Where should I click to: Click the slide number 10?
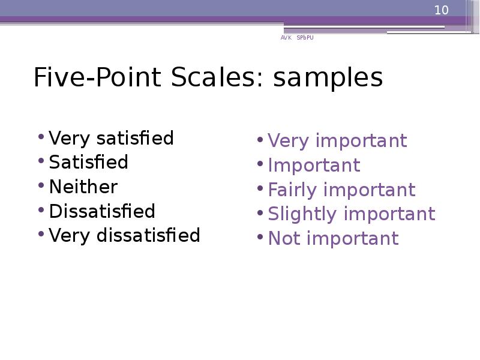442,10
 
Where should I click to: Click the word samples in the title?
328,78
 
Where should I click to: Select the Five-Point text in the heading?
98,78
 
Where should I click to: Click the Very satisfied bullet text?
112,139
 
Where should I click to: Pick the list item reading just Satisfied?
89,163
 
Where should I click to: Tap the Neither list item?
83,187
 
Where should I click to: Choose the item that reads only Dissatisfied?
102,211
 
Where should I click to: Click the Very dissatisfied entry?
125,235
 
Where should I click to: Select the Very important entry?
337,141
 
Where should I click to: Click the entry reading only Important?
314,166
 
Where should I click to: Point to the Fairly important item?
341,190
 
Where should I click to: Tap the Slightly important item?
352,214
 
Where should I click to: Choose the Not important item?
333,238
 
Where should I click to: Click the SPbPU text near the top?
305,38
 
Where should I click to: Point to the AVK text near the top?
286,38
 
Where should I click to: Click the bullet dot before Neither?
40,184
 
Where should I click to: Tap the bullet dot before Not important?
259,236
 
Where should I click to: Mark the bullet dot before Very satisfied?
40,136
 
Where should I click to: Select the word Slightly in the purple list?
303,214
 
